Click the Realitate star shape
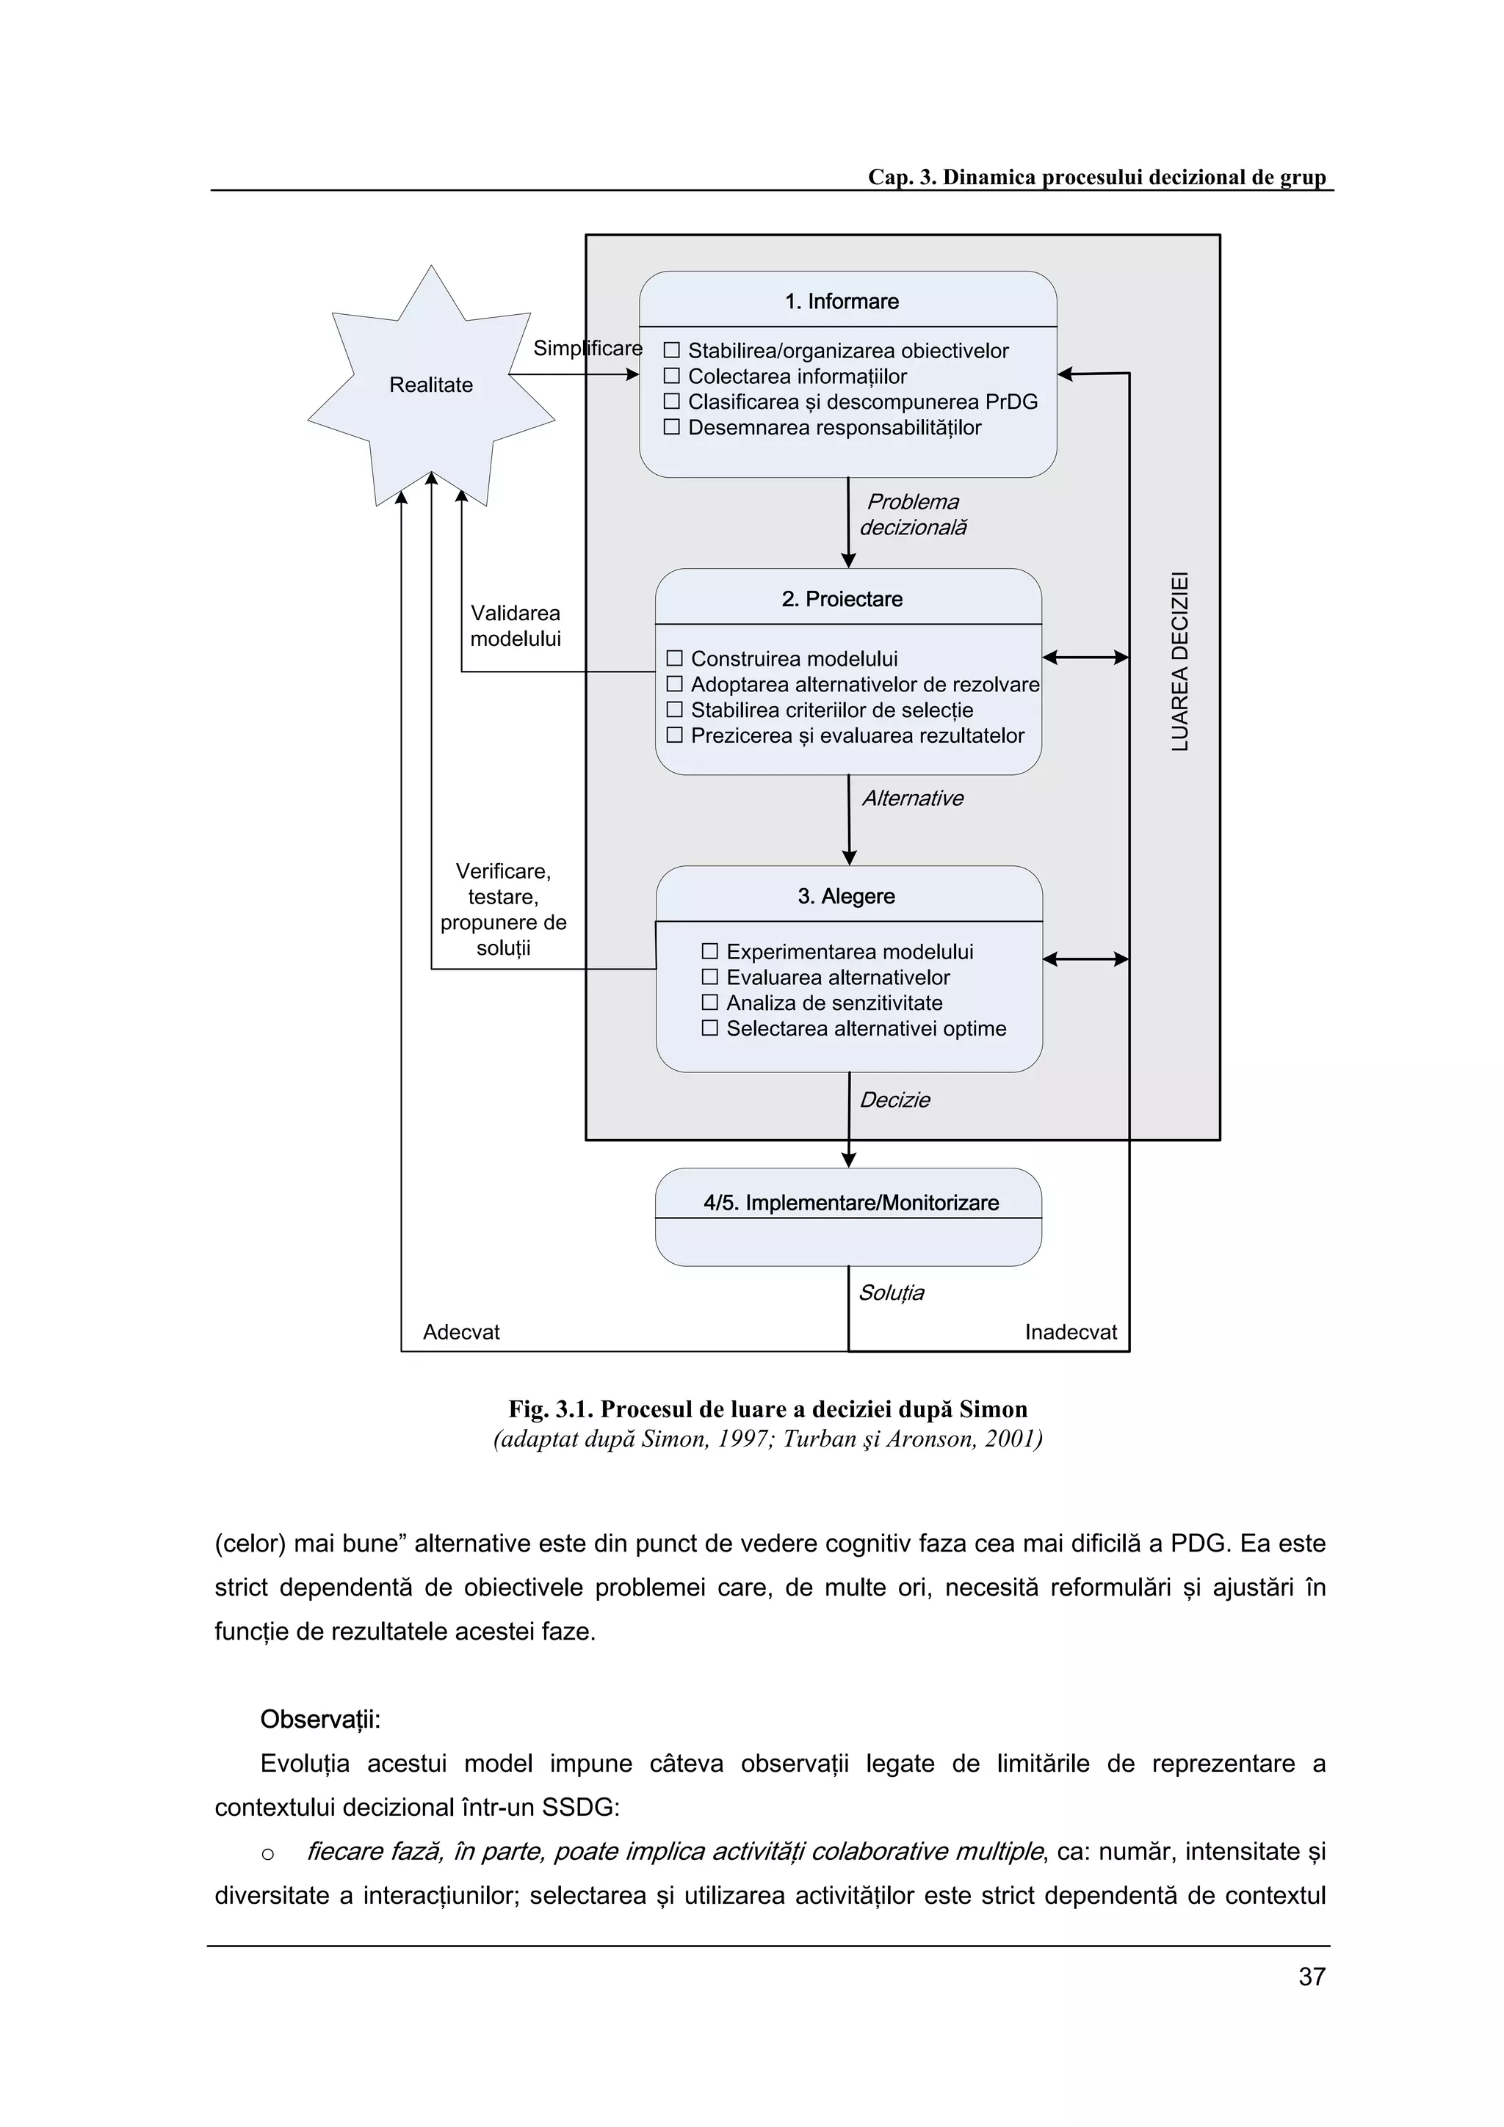[431, 385]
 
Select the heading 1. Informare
[842, 302]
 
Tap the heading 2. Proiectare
[842, 600]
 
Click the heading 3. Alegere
[846, 897]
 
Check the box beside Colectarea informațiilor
[672, 376]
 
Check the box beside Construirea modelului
[675, 658]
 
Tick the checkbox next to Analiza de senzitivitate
[710, 1003]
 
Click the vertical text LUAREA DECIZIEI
[1179, 661]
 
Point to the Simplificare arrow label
[587, 349]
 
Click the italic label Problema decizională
[912, 515]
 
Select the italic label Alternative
[913, 799]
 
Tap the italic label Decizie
[894, 1100]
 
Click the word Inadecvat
[1070, 1332]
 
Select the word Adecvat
[460, 1332]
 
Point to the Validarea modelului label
[516, 626]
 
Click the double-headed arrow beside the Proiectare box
[1085, 658]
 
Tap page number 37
[1312, 1977]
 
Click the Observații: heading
[319, 1720]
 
